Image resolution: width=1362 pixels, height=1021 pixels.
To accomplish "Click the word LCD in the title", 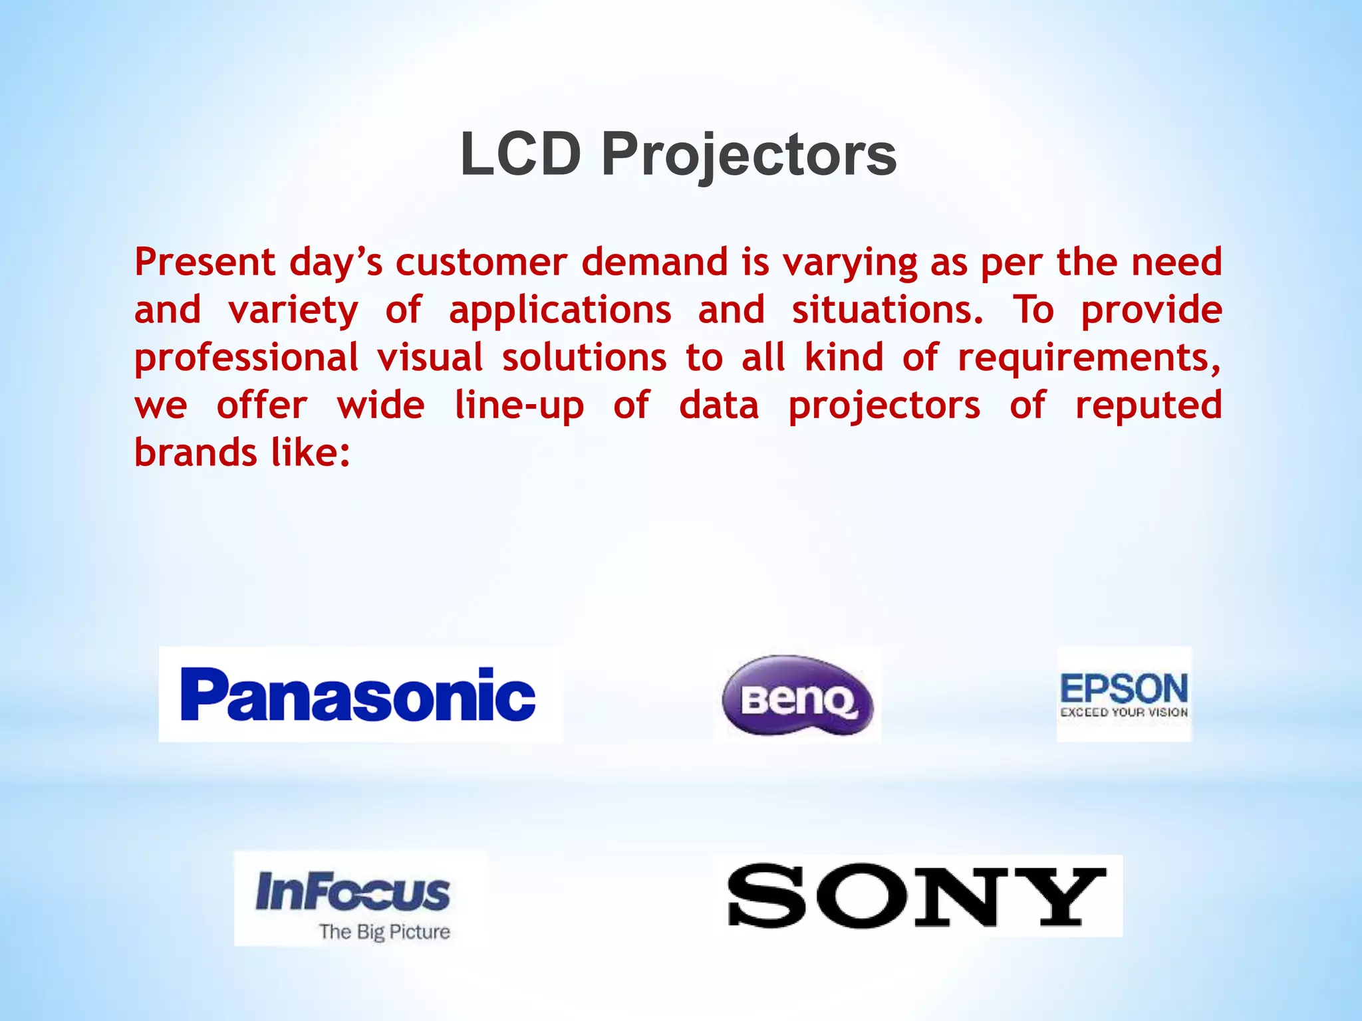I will coord(521,154).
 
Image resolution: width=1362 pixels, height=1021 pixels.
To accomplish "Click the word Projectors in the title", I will coord(749,156).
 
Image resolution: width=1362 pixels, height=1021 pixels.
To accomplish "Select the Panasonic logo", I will coord(360,694).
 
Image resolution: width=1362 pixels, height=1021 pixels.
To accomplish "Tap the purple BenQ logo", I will coord(797,695).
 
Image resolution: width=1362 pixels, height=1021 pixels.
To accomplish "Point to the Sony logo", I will coord(916,896).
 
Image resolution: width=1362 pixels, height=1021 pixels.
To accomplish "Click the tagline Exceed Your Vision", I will coord(1124,713).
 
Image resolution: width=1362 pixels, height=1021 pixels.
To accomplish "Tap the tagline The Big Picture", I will coord(384,932).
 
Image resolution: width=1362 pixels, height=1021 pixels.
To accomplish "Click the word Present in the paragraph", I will coord(205,262).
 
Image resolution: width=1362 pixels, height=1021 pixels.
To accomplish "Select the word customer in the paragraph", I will coord(481,262).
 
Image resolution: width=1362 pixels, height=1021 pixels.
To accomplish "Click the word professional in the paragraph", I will coord(246,359).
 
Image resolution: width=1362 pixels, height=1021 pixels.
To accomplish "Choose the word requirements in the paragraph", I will coord(1089,358).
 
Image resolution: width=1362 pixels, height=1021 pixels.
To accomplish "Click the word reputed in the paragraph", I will coord(1149,406).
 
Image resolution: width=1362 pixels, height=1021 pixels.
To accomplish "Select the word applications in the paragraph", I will coord(560,310).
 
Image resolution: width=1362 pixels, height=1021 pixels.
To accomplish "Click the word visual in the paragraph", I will coord(430,358).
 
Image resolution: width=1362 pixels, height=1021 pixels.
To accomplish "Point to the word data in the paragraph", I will coord(719,406).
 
